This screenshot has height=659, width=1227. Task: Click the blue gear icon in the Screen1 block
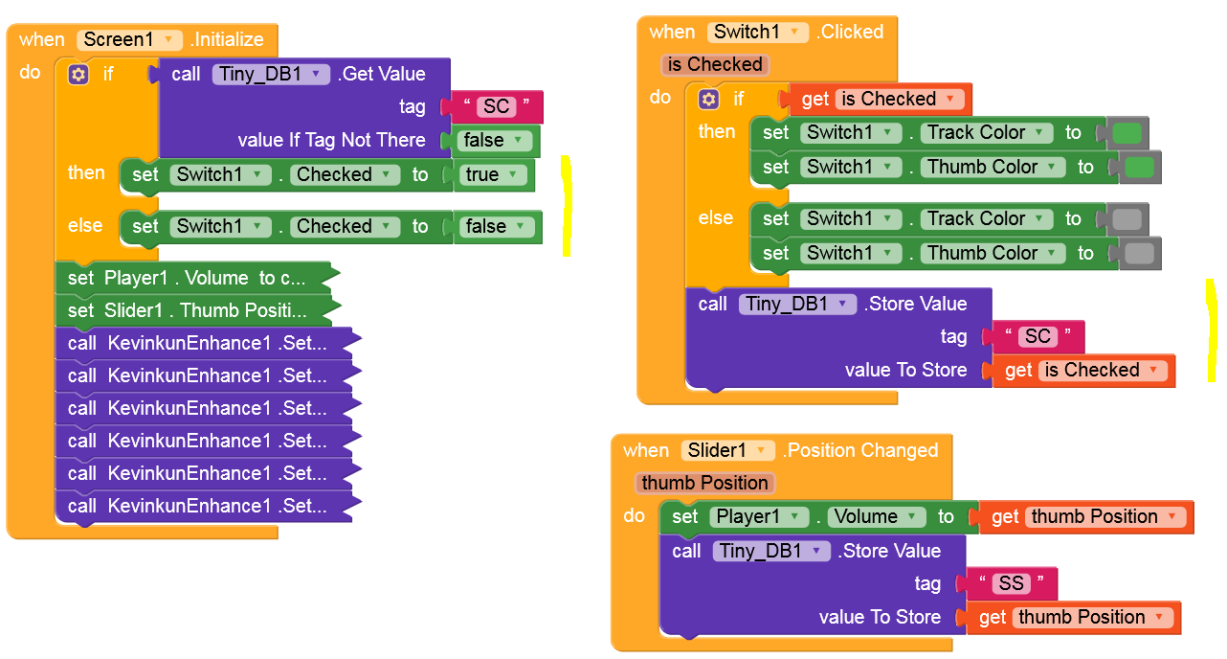pyautogui.click(x=78, y=74)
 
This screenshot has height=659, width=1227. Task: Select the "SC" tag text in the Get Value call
pyautogui.click(x=497, y=106)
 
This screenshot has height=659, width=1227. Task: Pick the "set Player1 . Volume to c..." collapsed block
pyautogui.click(x=191, y=278)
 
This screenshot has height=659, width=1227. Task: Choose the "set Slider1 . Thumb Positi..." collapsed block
pyautogui.click(x=191, y=310)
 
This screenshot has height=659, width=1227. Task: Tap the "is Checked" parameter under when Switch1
pyautogui.click(x=715, y=64)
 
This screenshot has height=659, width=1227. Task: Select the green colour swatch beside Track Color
pyautogui.click(x=1127, y=133)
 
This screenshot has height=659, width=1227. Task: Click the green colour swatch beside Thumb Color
pyautogui.click(x=1139, y=168)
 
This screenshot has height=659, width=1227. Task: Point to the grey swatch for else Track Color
pyautogui.click(x=1127, y=219)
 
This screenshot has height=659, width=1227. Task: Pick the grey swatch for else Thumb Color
pyautogui.click(x=1139, y=254)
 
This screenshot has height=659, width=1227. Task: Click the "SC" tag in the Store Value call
pyautogui.click(x=1037, y=336)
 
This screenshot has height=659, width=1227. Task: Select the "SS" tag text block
pyautogui.click(x=1011, y=583)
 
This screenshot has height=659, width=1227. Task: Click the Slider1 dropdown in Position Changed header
pyautogui.click(x=727, y=450)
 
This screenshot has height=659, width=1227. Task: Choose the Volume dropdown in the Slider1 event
pyautogui.click(x=876, y=516)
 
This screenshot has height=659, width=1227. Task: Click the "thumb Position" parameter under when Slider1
pyautogui.click(x=704, y=483)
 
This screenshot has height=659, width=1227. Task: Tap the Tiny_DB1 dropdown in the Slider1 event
pyautogui.click(x=771, y=551)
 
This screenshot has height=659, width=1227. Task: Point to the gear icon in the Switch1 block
pyautogui.click(x=708, y=99)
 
